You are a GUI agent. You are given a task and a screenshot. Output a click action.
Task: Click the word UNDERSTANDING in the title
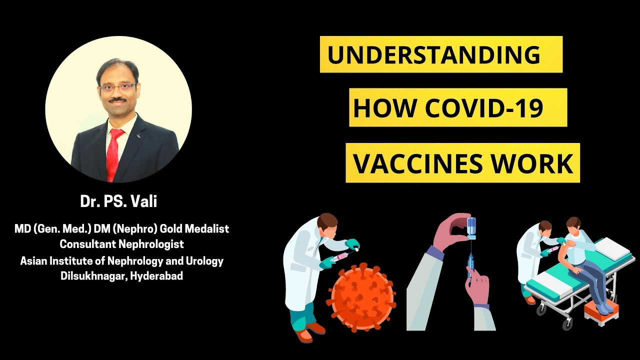point(433,54)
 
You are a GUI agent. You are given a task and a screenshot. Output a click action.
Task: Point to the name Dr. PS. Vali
point(118,201)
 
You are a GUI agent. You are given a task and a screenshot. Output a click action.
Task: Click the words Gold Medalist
point(194,228)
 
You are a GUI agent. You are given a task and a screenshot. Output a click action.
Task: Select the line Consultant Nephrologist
point(121,244)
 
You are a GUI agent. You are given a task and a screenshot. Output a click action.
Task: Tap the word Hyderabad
point(156,275)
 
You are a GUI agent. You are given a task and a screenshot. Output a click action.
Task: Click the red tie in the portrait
point(113,154)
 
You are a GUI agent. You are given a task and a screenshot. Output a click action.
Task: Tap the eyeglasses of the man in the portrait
point(117,86)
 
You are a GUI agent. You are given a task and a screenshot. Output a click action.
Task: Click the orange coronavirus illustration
point(361,297)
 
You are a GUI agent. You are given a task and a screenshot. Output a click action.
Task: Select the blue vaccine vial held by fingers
point(471,228)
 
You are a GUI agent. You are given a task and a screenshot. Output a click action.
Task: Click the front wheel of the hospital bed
point(540,309)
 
